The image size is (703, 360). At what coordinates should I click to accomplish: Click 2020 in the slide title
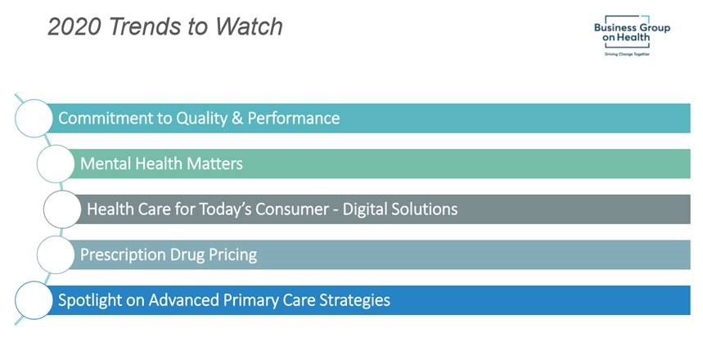click(x=74, y=26)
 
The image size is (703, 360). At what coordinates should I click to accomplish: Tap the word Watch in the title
click(x=248, y=26)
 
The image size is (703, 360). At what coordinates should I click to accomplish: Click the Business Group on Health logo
click(x=632, y=35)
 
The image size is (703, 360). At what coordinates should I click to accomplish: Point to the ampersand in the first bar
click(x=237, y=118)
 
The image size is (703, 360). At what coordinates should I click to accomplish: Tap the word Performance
click(x=294, y=118)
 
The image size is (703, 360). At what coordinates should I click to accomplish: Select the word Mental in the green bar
click(x=106, y=164)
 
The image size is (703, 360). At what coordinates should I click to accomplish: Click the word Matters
click(x=214, y=164)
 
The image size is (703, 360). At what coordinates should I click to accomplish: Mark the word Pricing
click(x=232, y=254)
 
